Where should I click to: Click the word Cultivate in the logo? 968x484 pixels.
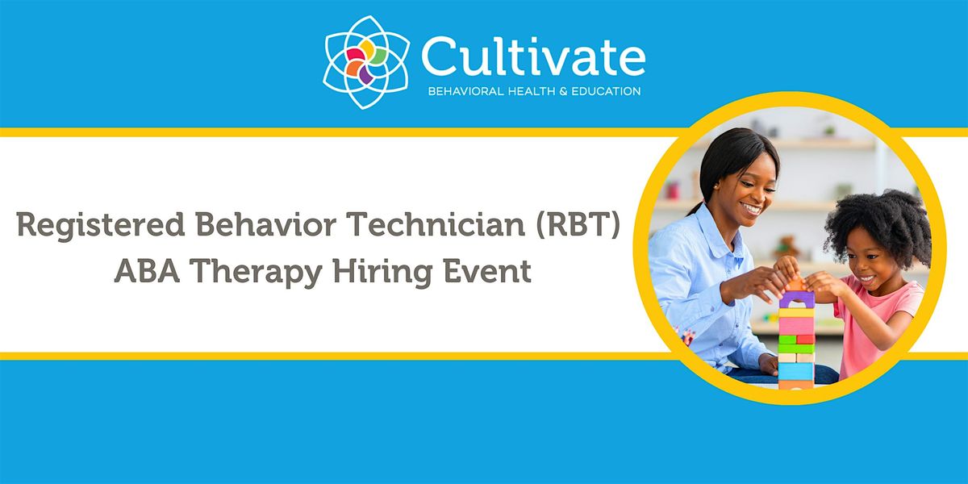[x=533, y=56]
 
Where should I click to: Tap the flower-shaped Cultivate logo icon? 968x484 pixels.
[x=366, y=62]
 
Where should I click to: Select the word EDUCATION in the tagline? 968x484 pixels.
[x=606, y=91]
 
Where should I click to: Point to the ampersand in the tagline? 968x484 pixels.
[x=563, y=91]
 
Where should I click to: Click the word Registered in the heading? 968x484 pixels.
[x=101, y=226]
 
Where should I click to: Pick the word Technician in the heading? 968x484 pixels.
[x=436, y=225]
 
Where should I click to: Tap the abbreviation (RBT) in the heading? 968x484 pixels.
[x=578, y=225]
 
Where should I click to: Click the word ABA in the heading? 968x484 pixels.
[x=147, y=271]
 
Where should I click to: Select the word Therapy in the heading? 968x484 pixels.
[x=256, y=273]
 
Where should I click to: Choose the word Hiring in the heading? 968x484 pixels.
[x=383, y=273]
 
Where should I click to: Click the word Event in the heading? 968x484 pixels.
[x=487, y=271]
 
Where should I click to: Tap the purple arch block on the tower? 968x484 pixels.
[x=797, y=298]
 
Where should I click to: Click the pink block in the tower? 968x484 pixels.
[x=797, y=325]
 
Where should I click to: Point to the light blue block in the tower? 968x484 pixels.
[x=796, y=371]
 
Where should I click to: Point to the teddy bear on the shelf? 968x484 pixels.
[x=786, y=247]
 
